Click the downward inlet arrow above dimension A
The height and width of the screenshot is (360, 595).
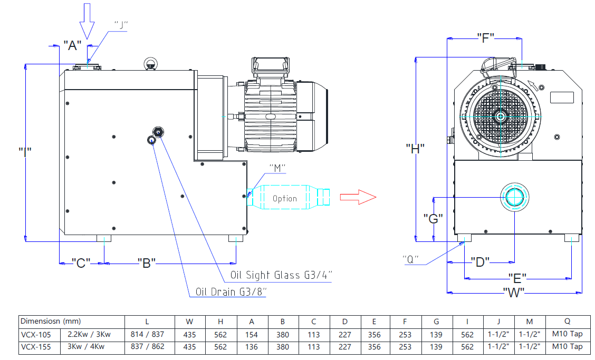click(87, 22)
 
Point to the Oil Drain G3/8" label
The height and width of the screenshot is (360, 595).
click(231, 291)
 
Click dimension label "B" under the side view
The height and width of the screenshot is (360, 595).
click(146, 262)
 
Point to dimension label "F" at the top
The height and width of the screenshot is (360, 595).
click(485, 38)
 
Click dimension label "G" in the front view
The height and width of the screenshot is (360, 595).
click(433, 218)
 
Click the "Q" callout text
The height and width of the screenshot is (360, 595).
click(410, 259)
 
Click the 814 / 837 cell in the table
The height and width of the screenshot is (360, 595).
click(147, 334)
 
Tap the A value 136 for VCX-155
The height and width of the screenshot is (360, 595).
click(252, 346)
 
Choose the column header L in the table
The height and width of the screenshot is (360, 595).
click(147, 321)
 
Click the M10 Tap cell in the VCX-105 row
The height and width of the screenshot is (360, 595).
click(567, 334)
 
